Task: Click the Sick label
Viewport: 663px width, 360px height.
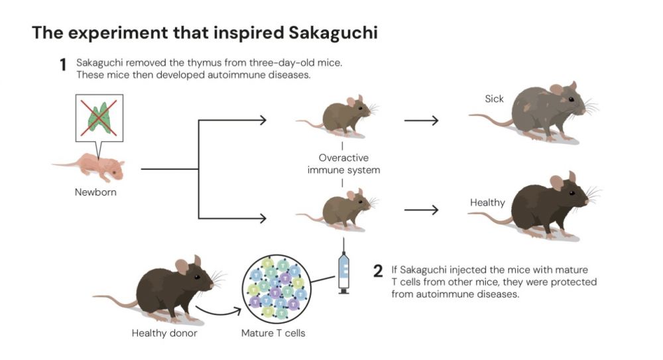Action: pyautogui.click(x=494, y=99)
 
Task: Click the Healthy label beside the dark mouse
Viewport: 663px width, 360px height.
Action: pyautogui.click(x=487, y=202)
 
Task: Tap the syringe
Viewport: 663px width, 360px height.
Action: pyautogui.click(x=343, y=269)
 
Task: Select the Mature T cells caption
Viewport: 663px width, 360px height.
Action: pyautogui.click(x=273, y=333)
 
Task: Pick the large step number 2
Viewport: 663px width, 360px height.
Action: pyautogui.click(x=378, y=270)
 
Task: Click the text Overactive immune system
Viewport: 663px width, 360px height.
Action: pyautogui.click(x=342, y=164)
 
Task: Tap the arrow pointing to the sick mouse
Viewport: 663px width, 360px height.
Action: pyautogui.click(x=422, y=121)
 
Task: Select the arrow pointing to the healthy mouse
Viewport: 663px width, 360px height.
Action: pyautogui.click(x=422, y=210)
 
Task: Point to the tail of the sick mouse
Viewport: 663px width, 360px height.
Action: pyautogui.click(x=487, y=120)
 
